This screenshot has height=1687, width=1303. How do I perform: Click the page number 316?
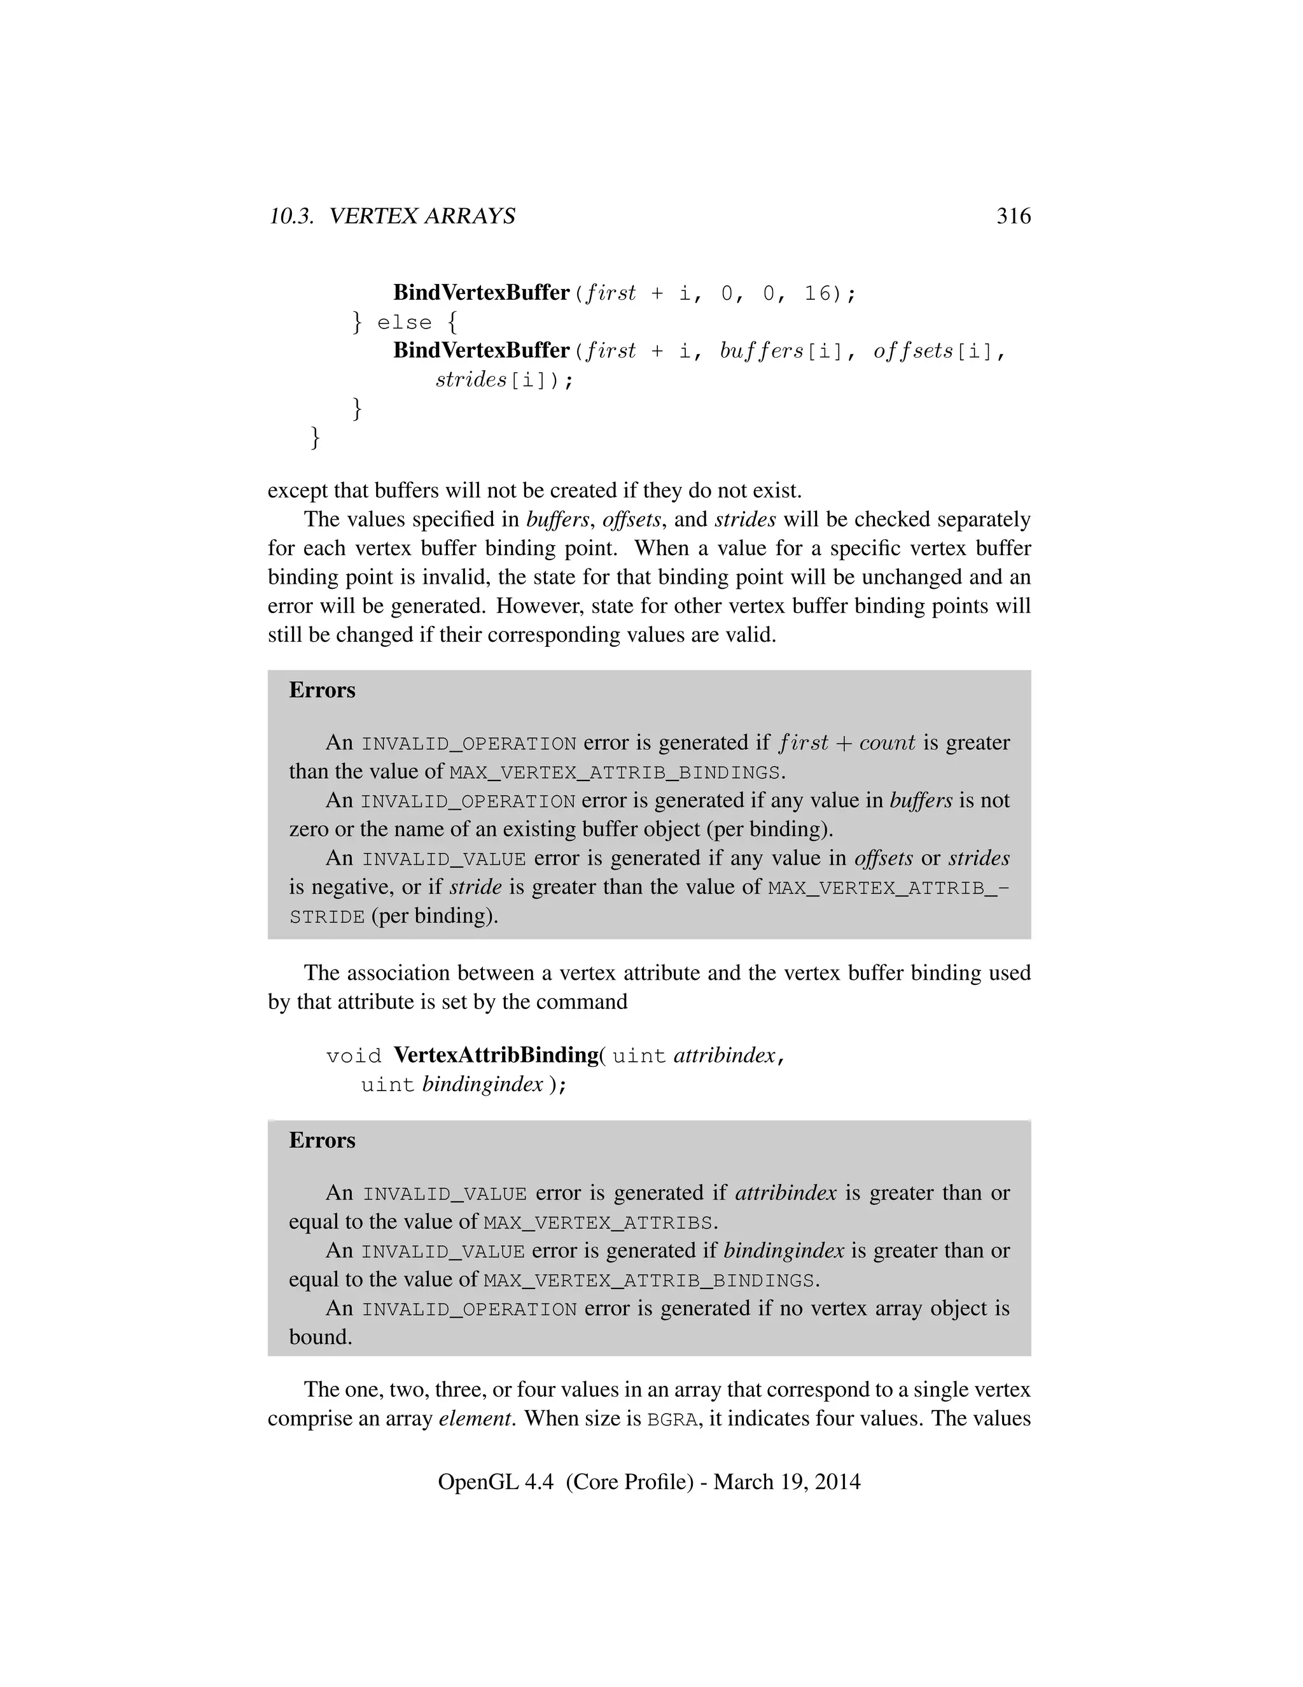pos(1013,216)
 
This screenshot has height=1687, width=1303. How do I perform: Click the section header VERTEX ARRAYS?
pos(422,216)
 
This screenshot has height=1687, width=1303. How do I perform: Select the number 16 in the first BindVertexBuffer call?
pos(818,293)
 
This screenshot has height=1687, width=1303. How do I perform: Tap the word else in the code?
pos(404,323)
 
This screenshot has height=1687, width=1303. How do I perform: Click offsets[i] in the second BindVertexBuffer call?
pos(933,351)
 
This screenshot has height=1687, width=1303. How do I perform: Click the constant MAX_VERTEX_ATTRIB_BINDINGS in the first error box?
pos(615,772)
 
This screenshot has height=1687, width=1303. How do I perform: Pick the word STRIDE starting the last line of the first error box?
pos(326,917)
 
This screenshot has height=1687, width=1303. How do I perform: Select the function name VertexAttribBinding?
pos(496,1055)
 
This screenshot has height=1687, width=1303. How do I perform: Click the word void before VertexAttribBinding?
pos(354,1057)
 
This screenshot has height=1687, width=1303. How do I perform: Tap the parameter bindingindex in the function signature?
pos(482,1085)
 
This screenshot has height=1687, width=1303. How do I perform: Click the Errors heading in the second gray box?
pos(322,1141)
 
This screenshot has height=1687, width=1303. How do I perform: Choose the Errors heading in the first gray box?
pos(322,691)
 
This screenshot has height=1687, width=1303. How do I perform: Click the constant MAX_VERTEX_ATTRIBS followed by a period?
pos(597,1224)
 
